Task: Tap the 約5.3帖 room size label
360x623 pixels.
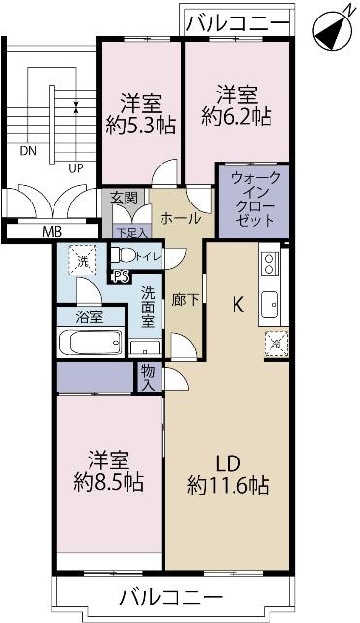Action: coord(141,126)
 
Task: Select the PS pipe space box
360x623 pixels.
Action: coord(121,275)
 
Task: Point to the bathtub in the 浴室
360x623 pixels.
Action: coord(90,344)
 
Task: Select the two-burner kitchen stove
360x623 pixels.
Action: coord(269,262)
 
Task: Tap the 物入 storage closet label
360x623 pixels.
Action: coord(148,379)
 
